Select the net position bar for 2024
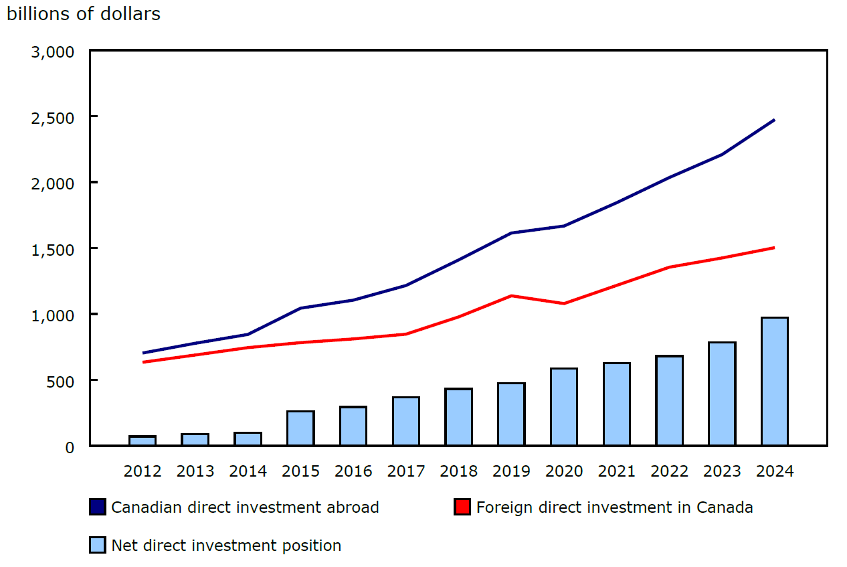774,381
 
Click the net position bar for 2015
300,428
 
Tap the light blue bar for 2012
143,440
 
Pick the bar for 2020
564,406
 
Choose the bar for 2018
458,416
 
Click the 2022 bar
669,400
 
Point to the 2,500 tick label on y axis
52,117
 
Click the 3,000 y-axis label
52,52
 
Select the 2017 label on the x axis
406,471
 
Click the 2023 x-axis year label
722,471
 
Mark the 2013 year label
195,471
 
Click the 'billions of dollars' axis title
84,13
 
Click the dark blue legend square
98,507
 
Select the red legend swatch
462,507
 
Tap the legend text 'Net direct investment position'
226,546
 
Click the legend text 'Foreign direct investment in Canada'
614,507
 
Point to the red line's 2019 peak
511,296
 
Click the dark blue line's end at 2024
773,120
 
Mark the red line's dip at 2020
564,303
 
